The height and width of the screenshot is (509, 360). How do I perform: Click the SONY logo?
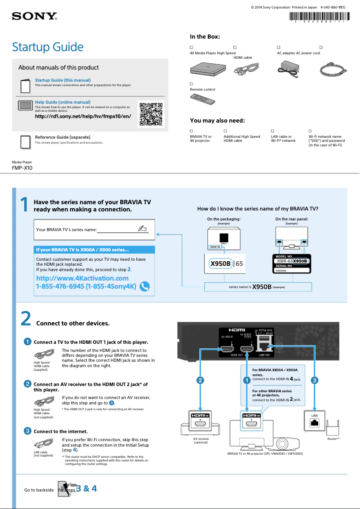(34, 17)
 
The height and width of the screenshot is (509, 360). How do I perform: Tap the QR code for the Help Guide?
(150, 114)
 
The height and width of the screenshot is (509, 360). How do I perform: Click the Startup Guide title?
(48, 47)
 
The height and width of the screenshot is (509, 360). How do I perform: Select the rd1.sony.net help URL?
(83, 116)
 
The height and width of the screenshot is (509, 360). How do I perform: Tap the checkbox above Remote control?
(192, 84)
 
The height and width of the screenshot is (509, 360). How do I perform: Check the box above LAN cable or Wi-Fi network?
(272, 131)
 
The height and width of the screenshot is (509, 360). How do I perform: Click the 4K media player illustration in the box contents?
(207, 68)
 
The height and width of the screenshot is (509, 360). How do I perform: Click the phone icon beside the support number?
(145, 286)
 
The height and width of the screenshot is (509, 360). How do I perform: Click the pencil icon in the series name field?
(143, 228)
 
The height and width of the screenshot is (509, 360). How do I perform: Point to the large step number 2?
(26, 319)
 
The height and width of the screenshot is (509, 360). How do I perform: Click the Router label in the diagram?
(333, 439)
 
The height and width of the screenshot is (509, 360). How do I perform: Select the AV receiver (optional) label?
(201, 440)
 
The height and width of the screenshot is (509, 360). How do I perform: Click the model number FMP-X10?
(22, 168)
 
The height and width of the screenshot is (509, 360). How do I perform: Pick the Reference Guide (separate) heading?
(62, 137)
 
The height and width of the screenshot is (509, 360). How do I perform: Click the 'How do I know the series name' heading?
(258, 209)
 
